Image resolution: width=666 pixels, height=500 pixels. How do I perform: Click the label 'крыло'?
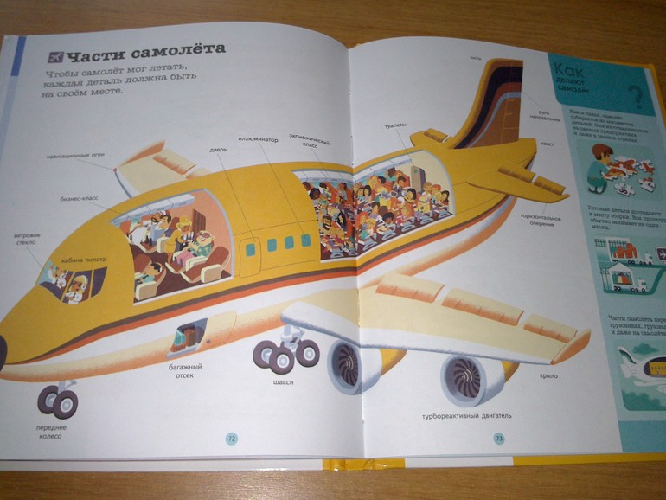coord(547,376)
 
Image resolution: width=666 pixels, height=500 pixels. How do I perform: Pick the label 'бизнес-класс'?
coord(79,198)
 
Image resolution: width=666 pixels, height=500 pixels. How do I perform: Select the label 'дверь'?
coord(218,149)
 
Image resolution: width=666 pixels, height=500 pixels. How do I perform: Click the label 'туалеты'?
coord(397,125)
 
